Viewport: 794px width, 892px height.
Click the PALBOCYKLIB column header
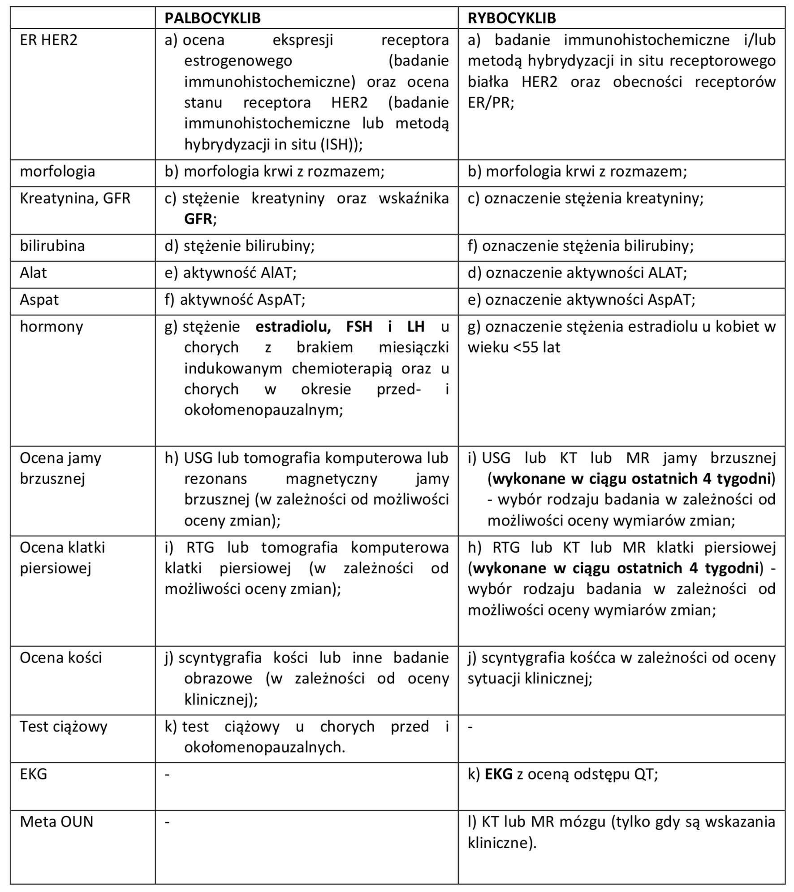click(x=212, y=18)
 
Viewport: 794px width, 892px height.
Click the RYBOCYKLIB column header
click(x=511, y=18)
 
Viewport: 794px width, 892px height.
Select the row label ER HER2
click(x=48, y=40)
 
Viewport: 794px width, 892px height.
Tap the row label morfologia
click(x=57, y=172)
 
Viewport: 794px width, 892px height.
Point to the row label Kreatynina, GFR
click(x=75, y=199)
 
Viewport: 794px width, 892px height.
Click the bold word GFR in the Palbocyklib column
click(x=198, y=219)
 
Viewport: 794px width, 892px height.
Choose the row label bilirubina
click(x=52, y=246)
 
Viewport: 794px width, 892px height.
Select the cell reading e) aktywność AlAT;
click(x=230, y=273)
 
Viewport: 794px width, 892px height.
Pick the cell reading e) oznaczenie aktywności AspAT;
click(x=581, y=300)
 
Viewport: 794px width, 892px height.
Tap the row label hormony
click(x=51, y=327)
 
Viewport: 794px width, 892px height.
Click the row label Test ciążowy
click(x=63, y=727)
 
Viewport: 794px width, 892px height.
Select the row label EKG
click(x=33, y=774)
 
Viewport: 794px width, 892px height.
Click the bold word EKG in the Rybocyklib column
click(x=498, y=774)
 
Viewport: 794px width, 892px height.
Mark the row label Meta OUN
click(x=56, y=822)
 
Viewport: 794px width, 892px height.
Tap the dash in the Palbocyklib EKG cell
click(x=167, y=774)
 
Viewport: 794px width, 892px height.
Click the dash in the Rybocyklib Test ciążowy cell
click(x=470, y=727)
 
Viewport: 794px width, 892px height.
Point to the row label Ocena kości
click(x=60, y=658)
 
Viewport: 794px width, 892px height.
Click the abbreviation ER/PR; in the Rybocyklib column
click(x=491, y=103)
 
